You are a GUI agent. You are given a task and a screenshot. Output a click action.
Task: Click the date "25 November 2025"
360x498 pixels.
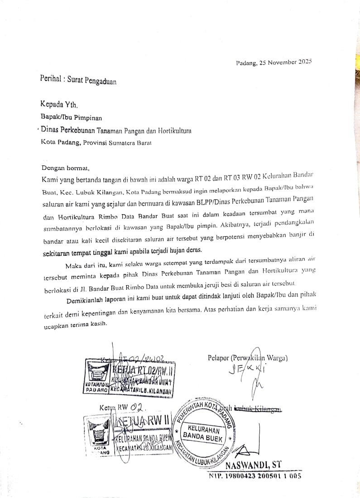pyautogui.click(x=286, y=62)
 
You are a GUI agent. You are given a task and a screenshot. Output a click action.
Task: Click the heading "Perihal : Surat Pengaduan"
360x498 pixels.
pyautogui.click(x=78, y=80)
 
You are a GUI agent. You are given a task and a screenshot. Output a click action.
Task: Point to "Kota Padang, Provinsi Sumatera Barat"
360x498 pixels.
pyautogui.click(x=96, y=142)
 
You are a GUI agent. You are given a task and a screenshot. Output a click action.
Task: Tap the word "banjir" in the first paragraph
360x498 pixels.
pyautogui.click(x=301, y=235)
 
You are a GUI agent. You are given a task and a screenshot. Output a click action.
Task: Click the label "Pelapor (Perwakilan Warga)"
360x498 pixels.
pyautogui.click(x=247, y=358)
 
